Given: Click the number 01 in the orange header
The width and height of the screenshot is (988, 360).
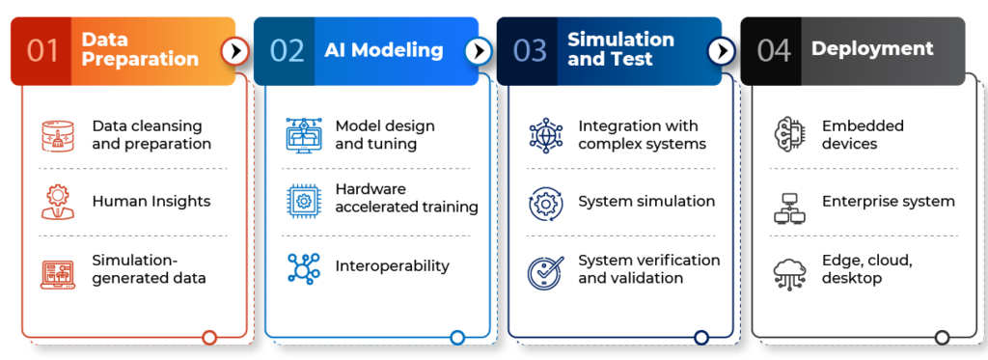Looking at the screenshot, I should [x=43, y=50].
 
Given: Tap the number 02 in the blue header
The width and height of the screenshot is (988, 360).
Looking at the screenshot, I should [x=287, y=50].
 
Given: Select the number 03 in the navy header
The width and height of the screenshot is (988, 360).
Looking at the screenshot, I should [x=530, y=50].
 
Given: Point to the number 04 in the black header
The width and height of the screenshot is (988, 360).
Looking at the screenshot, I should [x=774, y=50].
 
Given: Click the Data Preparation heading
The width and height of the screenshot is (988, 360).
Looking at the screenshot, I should [x=140, y=49].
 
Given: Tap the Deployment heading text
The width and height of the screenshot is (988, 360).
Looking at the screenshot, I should [x=872, y=48].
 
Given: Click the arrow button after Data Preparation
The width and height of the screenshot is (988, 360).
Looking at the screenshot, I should [x=234, y=50].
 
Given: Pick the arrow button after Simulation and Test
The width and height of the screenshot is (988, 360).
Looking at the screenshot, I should [x=721, y=50].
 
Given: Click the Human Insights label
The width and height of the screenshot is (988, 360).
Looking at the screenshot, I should [x=151, y=202].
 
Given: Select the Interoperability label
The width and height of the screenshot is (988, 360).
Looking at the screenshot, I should [x=393, y=265].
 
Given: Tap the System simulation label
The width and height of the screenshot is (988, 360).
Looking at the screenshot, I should [x=646, y=202].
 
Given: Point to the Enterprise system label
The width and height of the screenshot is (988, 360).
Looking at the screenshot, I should [x=889, y=202].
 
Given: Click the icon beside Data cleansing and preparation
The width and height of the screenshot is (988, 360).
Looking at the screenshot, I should [x=59, y=136].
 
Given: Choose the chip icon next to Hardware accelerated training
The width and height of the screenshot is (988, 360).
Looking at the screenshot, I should [x=303, y=199].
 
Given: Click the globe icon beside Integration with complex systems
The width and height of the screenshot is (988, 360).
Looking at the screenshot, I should [x=546, y=135].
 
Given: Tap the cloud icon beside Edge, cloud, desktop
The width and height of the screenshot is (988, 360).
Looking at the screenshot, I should [x=789, y=273].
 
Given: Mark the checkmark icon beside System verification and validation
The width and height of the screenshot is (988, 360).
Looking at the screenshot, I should [x=546, y=271].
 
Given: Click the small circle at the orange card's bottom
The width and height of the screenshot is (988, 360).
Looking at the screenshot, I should [x=209, y=337].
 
